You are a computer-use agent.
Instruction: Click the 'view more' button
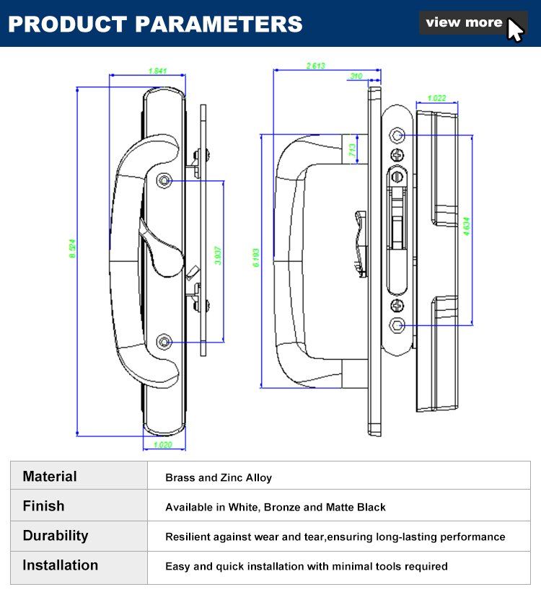tap(464, 22)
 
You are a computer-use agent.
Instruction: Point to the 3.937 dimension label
tap(219, 256)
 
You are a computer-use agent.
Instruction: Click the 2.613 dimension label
tap(316, 66)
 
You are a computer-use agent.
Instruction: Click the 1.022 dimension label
tap(436, 98)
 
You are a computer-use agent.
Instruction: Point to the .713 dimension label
tap(352, 150)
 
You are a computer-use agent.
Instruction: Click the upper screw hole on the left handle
tap(165, 180)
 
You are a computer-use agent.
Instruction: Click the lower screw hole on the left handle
tap(165, 340)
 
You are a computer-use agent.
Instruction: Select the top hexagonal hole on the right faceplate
tap(397, 135)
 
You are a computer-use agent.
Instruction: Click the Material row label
tap(50, 477)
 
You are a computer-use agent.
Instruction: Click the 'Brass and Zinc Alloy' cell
tap(219, 477)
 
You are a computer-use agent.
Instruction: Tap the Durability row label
tap(56, 536)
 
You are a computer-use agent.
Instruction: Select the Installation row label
tap(60, 565)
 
